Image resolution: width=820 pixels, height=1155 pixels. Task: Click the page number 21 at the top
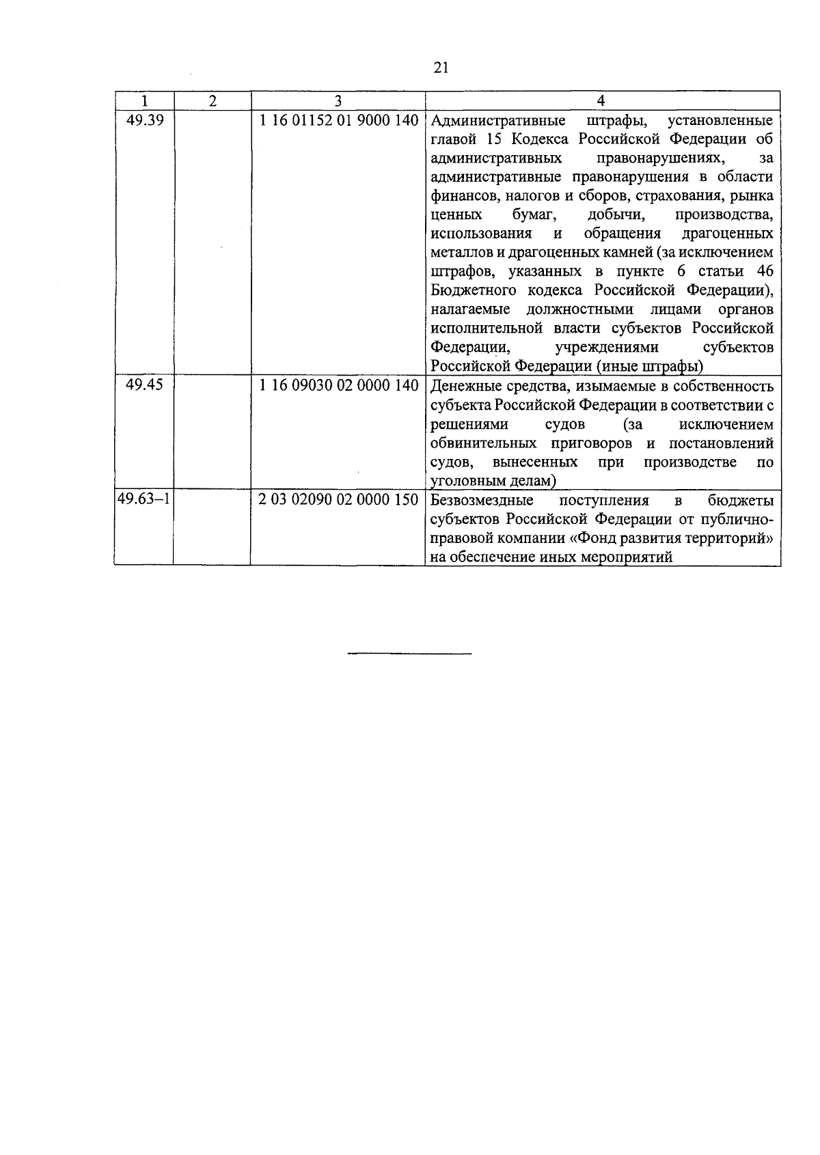[x=440, y=67]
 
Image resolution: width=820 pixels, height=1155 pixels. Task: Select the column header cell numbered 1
[x=144, y=101]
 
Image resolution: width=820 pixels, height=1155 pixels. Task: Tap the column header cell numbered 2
[x=212, y=101]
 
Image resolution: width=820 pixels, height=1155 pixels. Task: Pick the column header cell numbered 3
[x=338, y=101]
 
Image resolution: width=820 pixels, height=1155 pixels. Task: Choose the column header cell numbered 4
[x=601, y=101]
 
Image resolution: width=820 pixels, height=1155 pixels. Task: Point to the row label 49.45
[x=145, y=385]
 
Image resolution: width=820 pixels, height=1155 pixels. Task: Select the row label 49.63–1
[x=143, y=499]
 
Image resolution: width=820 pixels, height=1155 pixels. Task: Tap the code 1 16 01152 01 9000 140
[x=338, y=121]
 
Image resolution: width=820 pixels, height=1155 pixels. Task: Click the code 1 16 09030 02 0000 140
[x=338, y=385]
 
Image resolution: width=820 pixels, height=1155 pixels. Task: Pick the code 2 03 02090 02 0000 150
[x=338, y=499]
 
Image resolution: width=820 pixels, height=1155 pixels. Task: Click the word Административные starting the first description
[x=499, y=121]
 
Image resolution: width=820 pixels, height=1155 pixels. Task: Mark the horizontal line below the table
[x=409, y=654]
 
